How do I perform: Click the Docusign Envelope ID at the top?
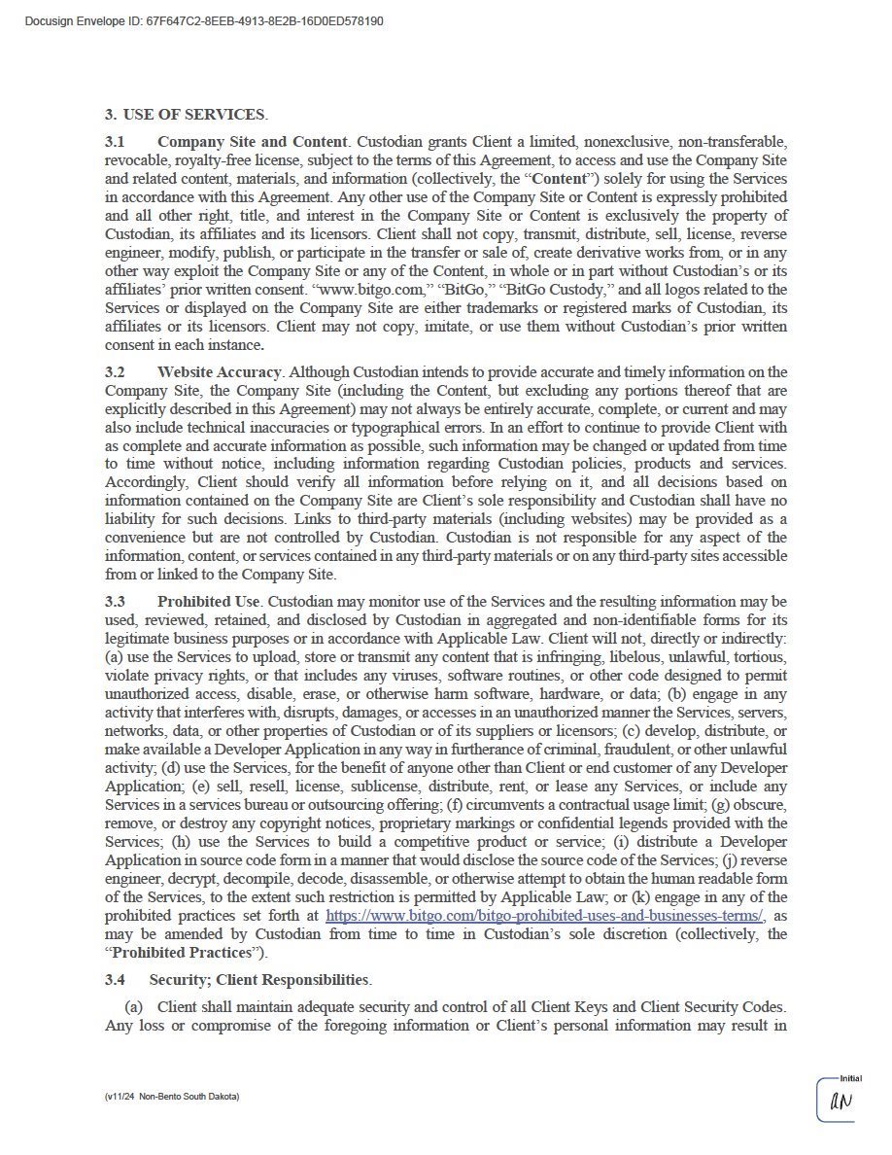[x=203, y=20]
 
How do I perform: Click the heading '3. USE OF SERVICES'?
[x=185, y=115]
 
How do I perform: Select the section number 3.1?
[x=115, y=142]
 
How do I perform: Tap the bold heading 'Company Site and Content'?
[x=252, y=142]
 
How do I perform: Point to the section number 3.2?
[x=115, y=372]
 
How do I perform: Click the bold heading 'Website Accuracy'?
[x=220, y=372]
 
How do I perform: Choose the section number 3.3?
[x=115, y=602]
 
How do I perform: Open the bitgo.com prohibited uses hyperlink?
[x=545, y=915]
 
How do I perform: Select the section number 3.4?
[x=115, y=979]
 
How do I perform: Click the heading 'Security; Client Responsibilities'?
[x=258, y=979]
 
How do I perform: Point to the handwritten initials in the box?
[x=840, y=1102]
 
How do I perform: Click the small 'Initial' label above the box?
[x=850, y=1078]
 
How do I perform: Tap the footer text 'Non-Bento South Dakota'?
[x=189, y=1097]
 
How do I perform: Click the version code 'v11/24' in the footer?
[x=120, y=1097]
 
